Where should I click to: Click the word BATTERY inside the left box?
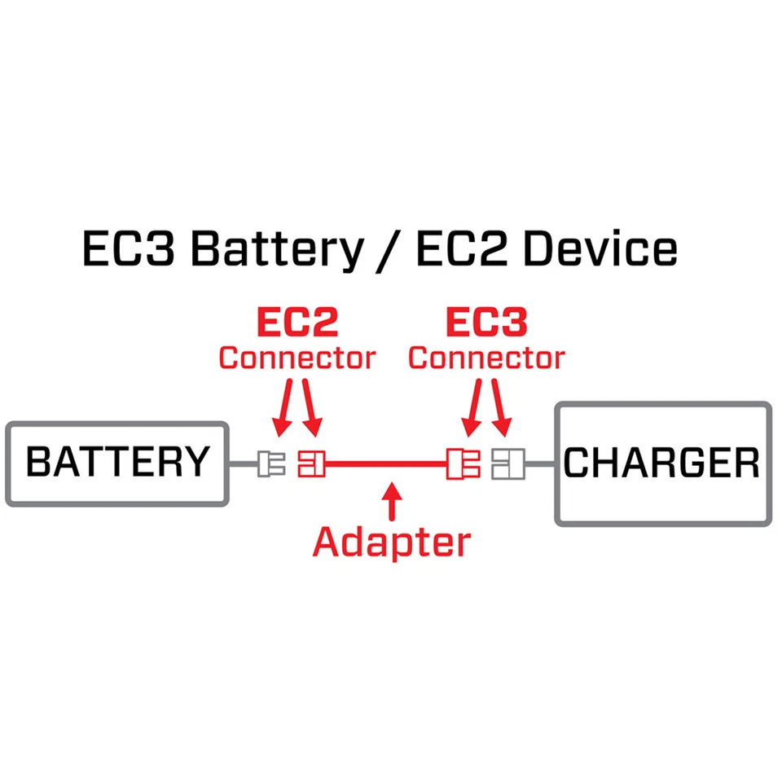pyautogui.click(x=117, y=462)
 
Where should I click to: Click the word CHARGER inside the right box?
pyautogui.click(x=661, y=463)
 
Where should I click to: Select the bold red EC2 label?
pyautogui.click(x=297, y=323)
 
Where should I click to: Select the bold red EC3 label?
pyautogui.click(x=486, y=323)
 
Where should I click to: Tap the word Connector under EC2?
pyautogui.click(x=297, y=358)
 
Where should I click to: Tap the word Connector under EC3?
pyautogui.click(x=486, y=358)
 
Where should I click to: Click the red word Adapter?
pyautogui.click(x=393, y=542)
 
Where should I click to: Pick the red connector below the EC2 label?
pyautogui.click(x=311, y=464)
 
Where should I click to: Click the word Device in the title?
pyautogui.click(x=600, y=249)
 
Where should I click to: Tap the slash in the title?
pyautogui.click(x=389, y=251)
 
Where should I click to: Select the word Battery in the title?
pyautogui.click(x=277, y=249)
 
